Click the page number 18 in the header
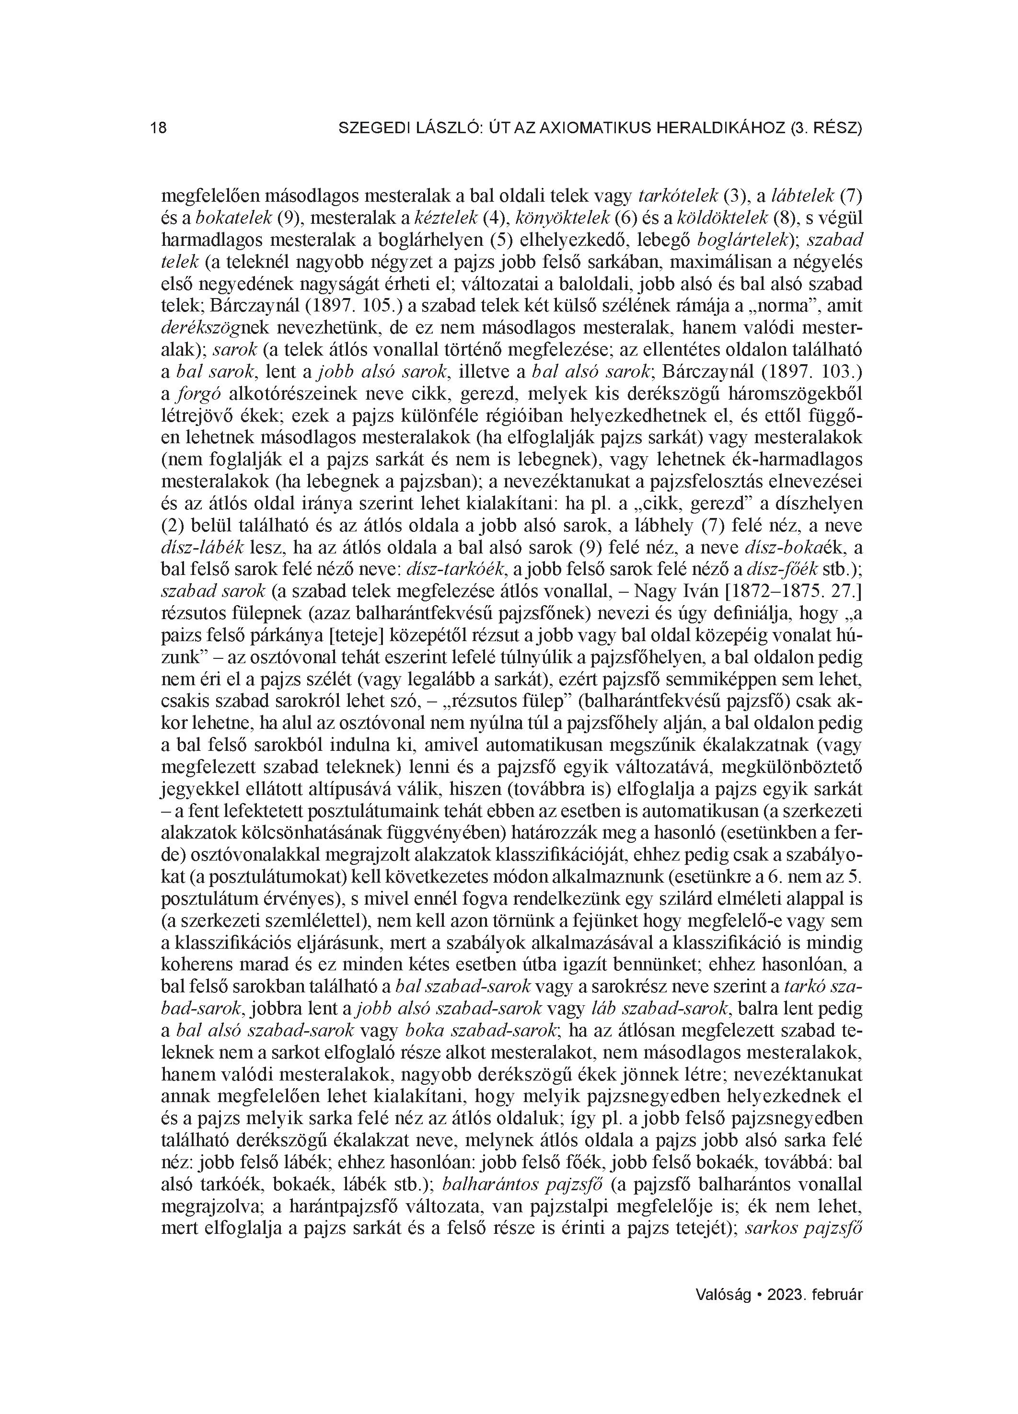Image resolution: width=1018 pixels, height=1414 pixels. pyautogui.click(x=159, y=128)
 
